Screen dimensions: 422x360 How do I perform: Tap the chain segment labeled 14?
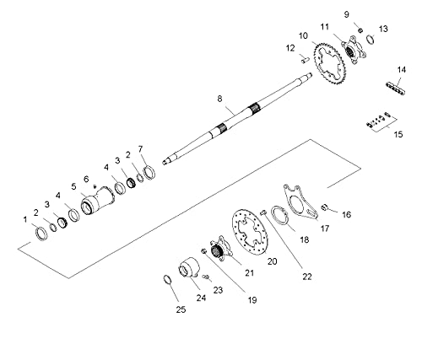click(395, 88)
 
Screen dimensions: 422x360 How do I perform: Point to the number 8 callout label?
click(219, 99)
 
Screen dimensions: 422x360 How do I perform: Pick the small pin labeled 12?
click(305, 60)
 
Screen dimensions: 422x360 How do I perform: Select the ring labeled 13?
click(371, 39)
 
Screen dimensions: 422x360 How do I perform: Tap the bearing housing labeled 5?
click(97, 202)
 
